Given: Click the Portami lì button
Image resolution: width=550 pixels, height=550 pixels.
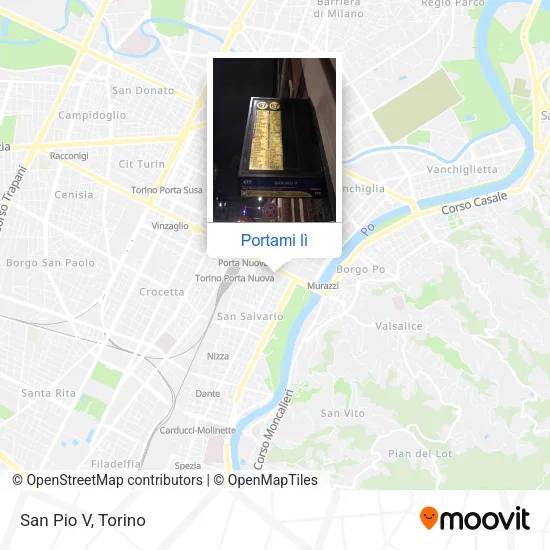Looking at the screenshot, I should point(275,240).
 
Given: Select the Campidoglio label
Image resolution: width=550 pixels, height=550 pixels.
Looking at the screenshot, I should point(91,115).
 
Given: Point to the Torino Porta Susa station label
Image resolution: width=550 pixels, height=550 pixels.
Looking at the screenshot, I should point(167,190).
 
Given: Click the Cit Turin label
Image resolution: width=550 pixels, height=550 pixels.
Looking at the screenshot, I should point(141,163).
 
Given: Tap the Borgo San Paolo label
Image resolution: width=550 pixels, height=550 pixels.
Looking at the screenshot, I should point(51,263).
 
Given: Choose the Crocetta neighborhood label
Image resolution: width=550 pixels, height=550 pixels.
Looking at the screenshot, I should point(162,292).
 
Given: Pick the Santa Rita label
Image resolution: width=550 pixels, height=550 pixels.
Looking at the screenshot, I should point(48,393).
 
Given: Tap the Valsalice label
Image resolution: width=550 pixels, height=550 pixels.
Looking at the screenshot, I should point(399,326).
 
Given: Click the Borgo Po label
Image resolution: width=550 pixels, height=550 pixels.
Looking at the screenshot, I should point(361,269).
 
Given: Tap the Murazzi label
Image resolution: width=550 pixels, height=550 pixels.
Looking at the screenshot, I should point(322,286).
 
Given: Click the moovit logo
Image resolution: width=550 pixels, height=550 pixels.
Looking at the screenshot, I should point(474,518).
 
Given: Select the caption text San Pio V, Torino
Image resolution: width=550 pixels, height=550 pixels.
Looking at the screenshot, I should point(83,520).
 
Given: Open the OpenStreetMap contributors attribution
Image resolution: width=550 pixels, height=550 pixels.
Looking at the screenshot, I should point(114,480).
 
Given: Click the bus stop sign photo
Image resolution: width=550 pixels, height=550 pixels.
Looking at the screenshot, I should point(275,139).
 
